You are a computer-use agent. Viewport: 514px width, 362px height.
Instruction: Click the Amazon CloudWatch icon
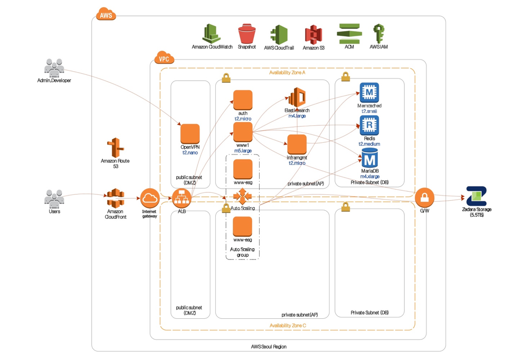tap(212, 33)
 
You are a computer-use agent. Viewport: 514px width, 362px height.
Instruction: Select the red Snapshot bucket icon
tap(246, 33)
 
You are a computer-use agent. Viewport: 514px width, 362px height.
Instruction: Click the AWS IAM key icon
tap(378, 33)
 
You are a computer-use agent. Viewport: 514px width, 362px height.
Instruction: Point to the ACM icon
tap(349, 33)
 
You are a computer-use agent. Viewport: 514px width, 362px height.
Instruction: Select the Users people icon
tap(54, 199)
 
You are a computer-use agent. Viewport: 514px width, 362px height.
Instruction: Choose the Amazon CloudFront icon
tap(115, 199)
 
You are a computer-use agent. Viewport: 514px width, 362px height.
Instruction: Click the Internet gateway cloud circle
tap(150, 199)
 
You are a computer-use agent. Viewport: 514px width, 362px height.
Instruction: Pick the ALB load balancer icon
tap(182, 198)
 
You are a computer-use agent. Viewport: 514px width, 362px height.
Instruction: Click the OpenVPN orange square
tap(190, 133)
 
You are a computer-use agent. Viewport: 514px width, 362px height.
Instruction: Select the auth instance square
tap(243, 100)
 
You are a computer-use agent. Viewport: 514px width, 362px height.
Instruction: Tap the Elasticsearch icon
tap(297, 97)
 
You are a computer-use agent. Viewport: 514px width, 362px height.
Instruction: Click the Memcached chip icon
tap(369, 93)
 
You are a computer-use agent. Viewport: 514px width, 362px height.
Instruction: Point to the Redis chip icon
tap(369, 125)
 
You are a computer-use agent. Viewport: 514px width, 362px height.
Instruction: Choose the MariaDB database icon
tap(369, 158)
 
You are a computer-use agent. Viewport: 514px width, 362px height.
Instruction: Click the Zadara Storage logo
tap(476, 196)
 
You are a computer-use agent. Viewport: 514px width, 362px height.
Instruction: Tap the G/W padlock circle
tap(424, 198)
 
